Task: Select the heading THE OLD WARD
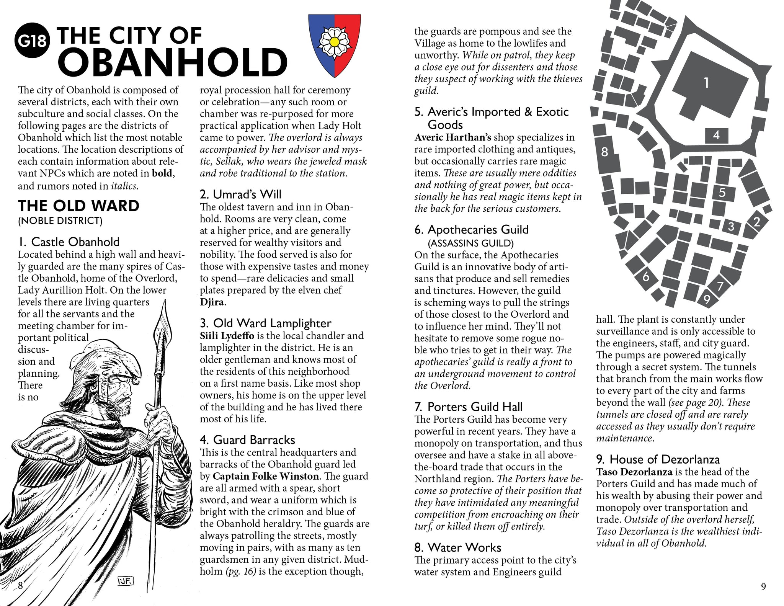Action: pyautogui.click(x=78, y=206)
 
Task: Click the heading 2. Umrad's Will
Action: pyautogui.click(x=240, y=194)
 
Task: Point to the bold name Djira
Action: pyautogui.click(x=212, y=302)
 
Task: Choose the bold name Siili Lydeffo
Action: pyautogui.click(x=227, y=336)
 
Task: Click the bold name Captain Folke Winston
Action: pyautogui.click(x=266, y=476)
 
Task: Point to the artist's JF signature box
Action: pyautogui.click(x=125, y=582)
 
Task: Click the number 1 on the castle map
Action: pyautogui.click(x=706, y=83)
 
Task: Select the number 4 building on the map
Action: pyautogui.click(x=716, y=135)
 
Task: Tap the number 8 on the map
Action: pyautogui.click(x=604, y=152)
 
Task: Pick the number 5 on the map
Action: pyautogui.click(x=722, y=192)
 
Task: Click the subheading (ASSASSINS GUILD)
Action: pyautogui.click(x=470, y=243)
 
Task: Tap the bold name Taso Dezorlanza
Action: pyautogui.click(x=634, y=472)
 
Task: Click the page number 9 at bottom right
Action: pyautogui.click(x=763, y=586)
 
